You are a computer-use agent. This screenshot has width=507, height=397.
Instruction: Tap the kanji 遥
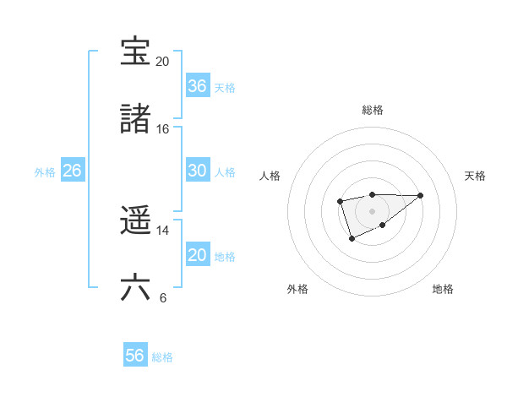point(135,221)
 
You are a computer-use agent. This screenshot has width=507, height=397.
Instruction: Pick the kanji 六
point(135,288)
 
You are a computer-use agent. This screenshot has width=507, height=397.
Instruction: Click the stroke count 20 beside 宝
point(162,62)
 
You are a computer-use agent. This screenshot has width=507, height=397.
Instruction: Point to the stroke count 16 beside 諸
point(162,129)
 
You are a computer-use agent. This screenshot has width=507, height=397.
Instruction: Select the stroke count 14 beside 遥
point(162,231)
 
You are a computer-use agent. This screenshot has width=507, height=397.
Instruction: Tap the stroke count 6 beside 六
point(162,298)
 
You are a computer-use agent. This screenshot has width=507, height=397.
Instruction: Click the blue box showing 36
point(197,86)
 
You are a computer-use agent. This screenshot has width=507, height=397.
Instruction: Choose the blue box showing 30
point(197,171)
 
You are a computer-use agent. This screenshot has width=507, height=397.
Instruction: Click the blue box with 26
point(72,171)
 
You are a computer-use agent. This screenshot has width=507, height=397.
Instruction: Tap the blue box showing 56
point(134,356)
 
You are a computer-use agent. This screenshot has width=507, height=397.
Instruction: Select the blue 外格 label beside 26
point(45,171)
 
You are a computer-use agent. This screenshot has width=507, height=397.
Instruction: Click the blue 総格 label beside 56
point(162,357)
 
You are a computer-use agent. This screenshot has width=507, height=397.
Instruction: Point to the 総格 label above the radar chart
point(373,110)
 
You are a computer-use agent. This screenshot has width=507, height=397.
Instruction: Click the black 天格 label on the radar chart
point(475,176)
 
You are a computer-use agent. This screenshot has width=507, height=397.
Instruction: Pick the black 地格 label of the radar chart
point(443,289)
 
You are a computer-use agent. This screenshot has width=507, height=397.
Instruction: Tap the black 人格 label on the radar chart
point(270,176)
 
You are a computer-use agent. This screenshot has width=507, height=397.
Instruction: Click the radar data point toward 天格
point(421,195)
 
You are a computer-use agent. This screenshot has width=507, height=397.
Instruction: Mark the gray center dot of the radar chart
point(372,210)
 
